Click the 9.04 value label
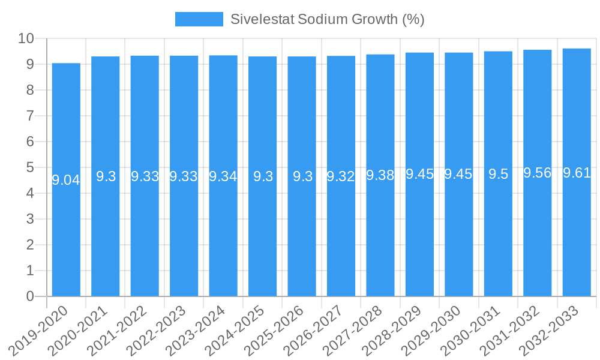click(x=66, y=179)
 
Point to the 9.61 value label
click(x=577, y=173)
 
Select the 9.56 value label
click(x=538, y=173)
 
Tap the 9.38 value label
click(x=380, y=175)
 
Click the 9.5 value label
click(x=498, y=174)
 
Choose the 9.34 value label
click(x=223, y=176)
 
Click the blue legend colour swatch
click(x=199, y=19)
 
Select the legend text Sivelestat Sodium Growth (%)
click(x=328, y=19)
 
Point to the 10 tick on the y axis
click(x=26, y=38)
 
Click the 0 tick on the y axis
click(x=30, y=296)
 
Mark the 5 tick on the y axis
click(x=30, y=167)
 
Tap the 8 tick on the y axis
click(x=30, y=90)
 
